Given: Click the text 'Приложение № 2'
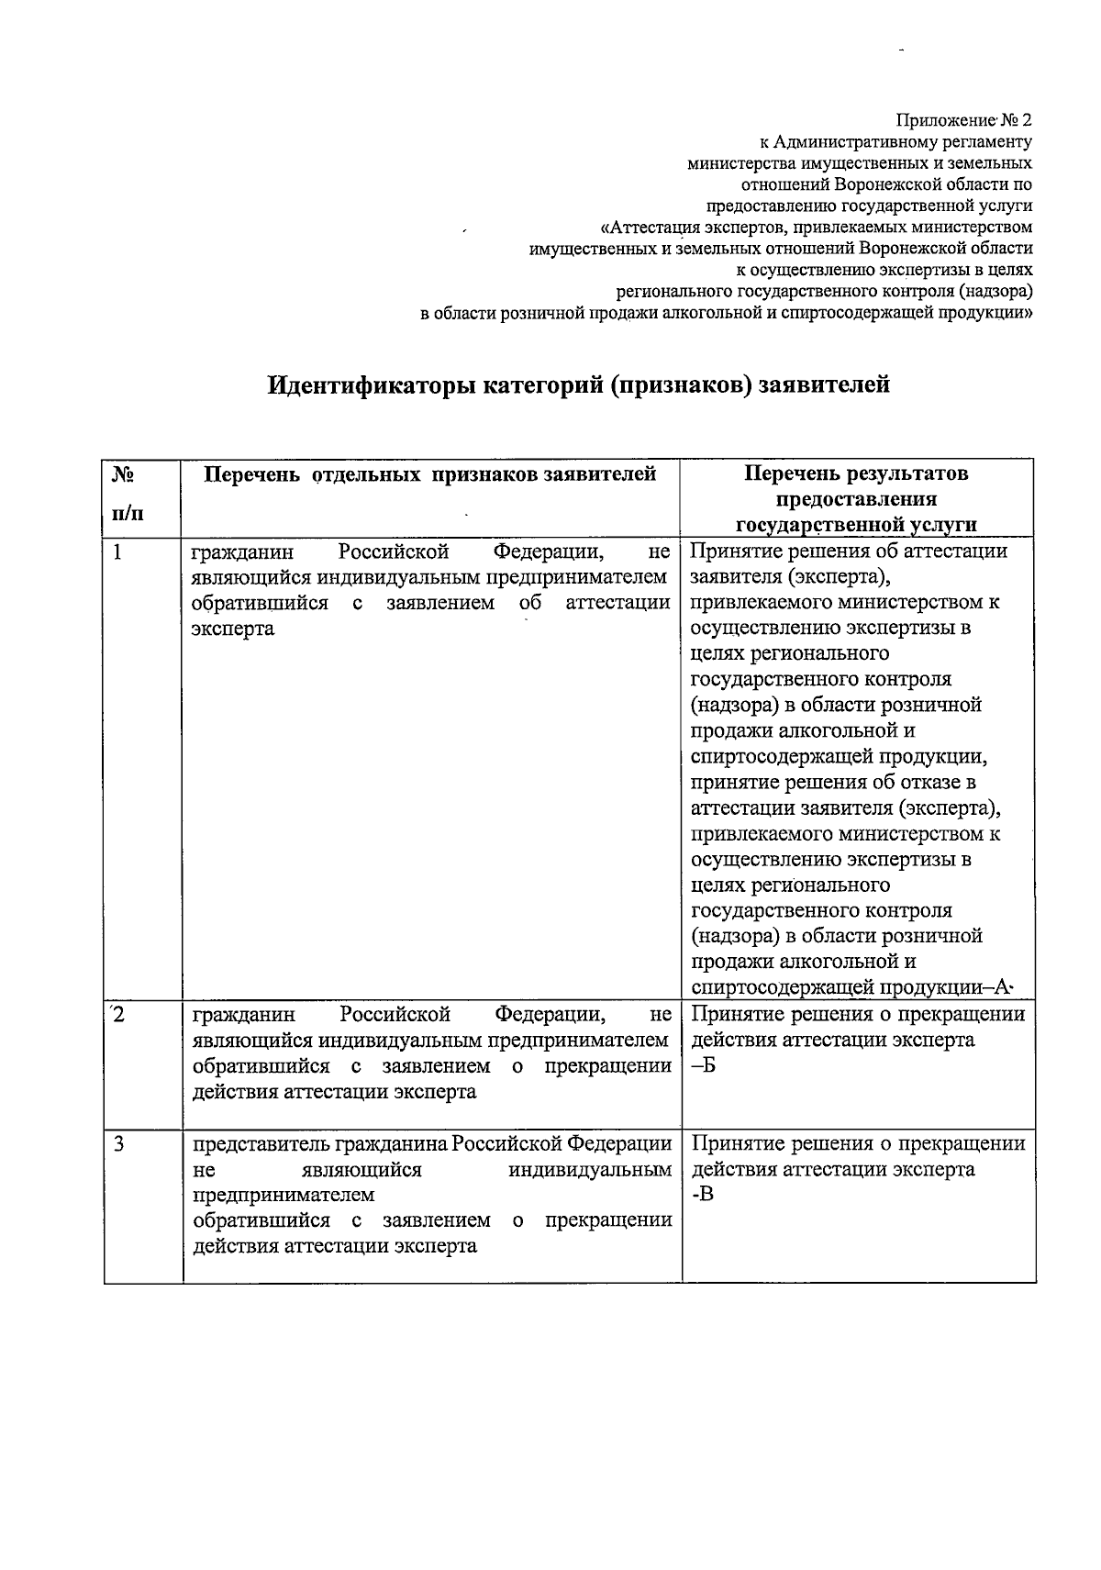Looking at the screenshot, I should coord(964,120).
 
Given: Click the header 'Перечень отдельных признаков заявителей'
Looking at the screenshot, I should coord(429,474).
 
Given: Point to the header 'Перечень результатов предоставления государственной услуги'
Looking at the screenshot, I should coord(856,499).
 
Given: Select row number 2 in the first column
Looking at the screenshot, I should coord(117,1015).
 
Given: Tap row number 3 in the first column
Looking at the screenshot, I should coord(118,1144).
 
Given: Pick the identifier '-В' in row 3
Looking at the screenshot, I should coord(702,1195).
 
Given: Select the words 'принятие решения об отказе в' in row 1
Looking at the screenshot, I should coord(832,783).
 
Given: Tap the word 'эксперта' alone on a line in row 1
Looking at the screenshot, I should coord(233,629).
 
